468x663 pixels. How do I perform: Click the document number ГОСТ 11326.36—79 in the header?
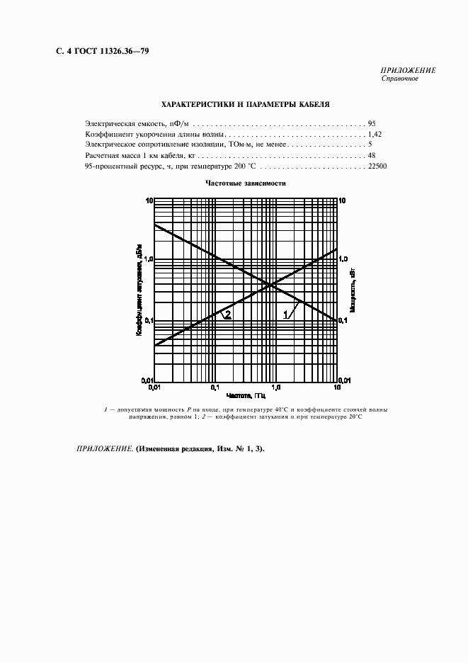click(106, 51)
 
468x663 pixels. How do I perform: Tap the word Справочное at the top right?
click(400, 79)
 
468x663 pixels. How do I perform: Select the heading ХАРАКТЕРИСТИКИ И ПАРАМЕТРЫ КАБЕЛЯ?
click(245, 103)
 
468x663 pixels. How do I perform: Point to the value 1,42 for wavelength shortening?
click(375, 134)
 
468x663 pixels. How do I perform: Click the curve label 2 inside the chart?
click(227, 314)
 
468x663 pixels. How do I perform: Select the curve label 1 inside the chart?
click(287, 314)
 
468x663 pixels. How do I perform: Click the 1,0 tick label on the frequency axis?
click(276, 387)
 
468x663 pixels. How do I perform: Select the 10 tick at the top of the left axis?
click(149, 201)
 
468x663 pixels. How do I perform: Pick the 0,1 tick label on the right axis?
click(344, 321)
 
